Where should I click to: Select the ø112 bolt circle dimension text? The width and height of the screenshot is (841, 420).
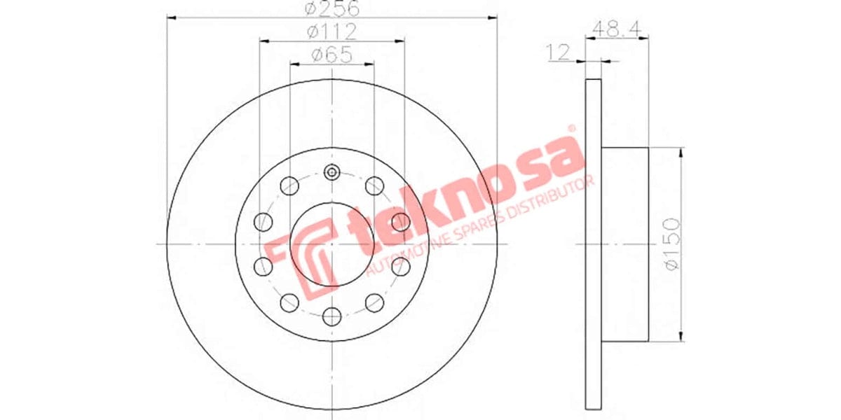[331, 31]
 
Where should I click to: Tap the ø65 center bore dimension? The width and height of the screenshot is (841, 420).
[331, 55]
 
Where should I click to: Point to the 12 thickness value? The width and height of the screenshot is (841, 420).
[559, 52]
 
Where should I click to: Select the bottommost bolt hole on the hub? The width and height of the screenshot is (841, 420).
[332, 316]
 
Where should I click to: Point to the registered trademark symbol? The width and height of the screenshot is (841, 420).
[571, 129]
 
